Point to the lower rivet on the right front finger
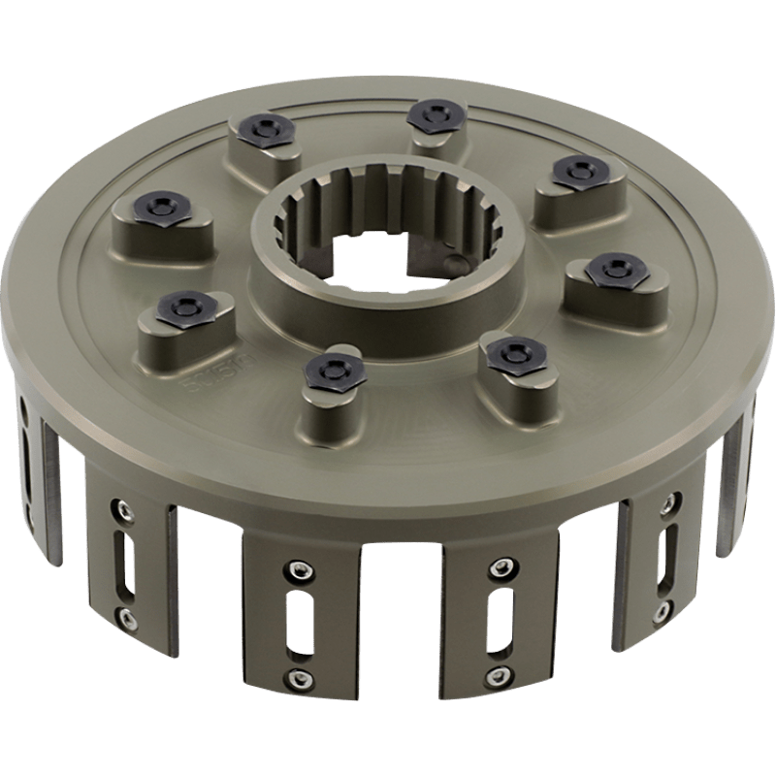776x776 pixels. (499, 675)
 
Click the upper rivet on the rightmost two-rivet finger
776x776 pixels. (668, 505)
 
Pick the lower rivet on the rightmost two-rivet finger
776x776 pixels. (664, 610)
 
